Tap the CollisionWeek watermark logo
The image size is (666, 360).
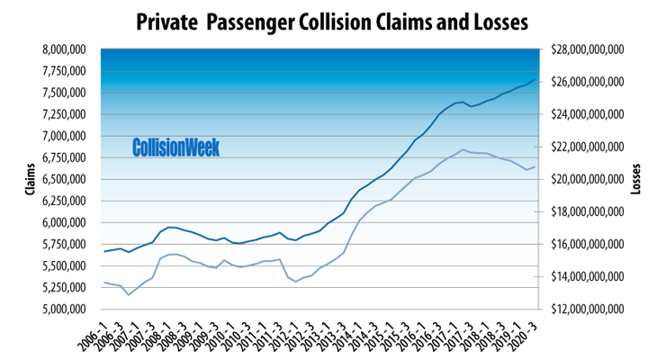pos(175,148)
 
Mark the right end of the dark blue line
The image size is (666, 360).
pos(535,80)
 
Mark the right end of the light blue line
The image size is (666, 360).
pos(535,166)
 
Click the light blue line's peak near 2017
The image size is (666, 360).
pos(463,149)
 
